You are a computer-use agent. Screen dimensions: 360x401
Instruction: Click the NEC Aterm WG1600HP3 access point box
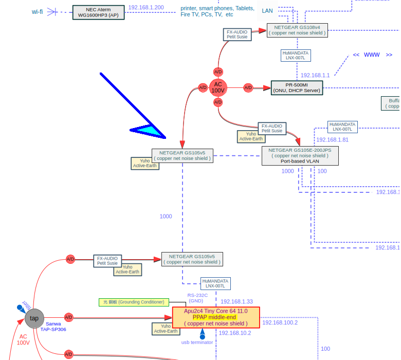pos(98,12)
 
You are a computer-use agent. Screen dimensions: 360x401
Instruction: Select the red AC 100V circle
pos(218,87)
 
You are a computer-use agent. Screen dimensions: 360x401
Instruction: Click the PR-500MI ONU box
pos(297,87)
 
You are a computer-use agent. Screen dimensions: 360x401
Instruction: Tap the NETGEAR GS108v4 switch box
pos(297,30)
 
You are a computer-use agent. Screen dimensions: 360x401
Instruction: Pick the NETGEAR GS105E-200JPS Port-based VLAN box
pos(300,155)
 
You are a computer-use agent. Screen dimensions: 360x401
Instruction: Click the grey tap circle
pos(34,318)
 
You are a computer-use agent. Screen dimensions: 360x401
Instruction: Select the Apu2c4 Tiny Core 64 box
pos(216,317)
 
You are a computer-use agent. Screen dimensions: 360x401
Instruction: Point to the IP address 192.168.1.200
pos(146,8)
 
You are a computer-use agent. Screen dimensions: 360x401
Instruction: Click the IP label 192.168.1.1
pos(315,75)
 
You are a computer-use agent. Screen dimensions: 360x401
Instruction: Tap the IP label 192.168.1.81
pos(332,140)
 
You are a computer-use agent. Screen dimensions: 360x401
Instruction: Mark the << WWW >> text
pos(372,55)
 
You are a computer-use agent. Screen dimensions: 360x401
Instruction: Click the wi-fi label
pos(38,12)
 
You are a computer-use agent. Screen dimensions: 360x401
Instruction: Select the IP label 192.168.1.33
pos(236,302)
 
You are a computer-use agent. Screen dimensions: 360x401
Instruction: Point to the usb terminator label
pos(197,342)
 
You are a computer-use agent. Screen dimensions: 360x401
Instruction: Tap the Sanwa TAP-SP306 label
pos(53,327)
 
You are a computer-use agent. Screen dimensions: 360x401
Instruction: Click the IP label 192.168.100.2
pos(280,323)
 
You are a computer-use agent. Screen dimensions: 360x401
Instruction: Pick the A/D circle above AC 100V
pos(218,72)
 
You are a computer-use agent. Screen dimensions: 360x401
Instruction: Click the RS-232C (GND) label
pos(197,298)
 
